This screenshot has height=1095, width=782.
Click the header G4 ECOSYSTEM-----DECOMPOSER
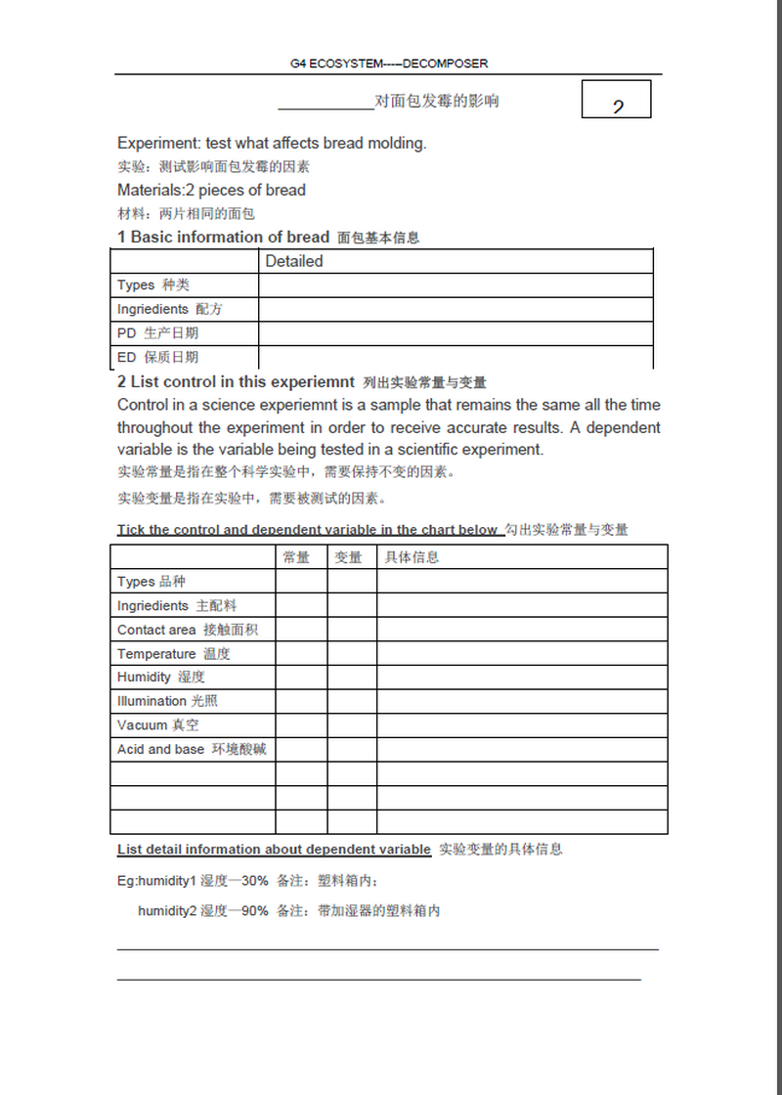pyautogui.click(x=388, y=64)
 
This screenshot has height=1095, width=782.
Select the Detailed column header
pyautogui.click(x=293, y=261)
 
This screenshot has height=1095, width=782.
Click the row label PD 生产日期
pyautogui.click(x=157, y=333)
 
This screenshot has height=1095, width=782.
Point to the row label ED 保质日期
pyautogui.click(x=157, y=357)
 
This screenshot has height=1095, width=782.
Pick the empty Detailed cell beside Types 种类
pyautogui.click(x=456, y=285)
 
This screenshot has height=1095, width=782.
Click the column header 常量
pyautogui.click(x=296, y=557)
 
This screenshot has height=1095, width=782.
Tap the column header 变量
pyautogui.click(x=348, y=557)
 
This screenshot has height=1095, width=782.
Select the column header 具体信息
pyautogui.click(x=412, y=557)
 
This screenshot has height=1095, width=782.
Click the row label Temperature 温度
pyautogui.click(x=173, y=654)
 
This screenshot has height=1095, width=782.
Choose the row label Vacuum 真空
pyautogui.click(x=157, y=725)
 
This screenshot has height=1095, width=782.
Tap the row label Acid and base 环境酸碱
pyautogui.click(x=191, y=750)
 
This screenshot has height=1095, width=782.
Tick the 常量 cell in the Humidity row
pyautogui.click(x=301, y=678)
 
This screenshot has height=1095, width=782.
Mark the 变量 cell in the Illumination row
pyautogui.click(x=352, y=701)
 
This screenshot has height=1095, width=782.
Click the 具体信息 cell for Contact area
pyautogui.click(x=522, y=630)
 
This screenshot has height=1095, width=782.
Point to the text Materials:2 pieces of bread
pyautogui.click(x=211, y=190)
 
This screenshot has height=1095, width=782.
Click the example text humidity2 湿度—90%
pyautogui.click(x=202, y=911)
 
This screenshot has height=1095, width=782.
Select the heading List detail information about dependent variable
pyautogui.click(x=274, y=850)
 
